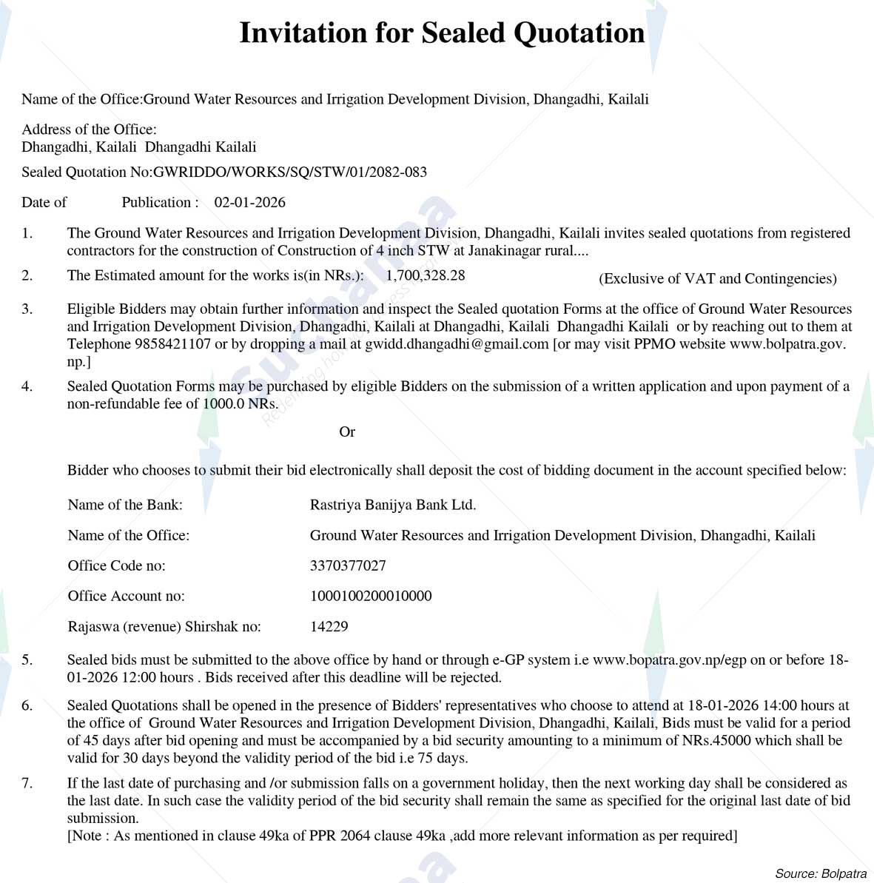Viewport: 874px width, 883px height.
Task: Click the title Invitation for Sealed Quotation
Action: click(442, 33)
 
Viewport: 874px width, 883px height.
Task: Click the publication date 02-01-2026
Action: click(249, 203)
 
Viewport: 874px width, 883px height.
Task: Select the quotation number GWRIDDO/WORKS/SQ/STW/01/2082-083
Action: click(289, 172)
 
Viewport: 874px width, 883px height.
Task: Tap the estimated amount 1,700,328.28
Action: click(426, 275)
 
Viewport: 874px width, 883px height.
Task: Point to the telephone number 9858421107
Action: click(172, 344)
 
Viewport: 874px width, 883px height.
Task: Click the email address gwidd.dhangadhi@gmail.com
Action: click(457, 344)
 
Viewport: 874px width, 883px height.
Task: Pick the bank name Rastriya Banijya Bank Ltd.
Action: click(392, 506)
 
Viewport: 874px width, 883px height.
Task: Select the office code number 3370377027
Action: click(348, 566)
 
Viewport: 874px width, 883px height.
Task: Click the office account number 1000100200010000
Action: click(371, 597)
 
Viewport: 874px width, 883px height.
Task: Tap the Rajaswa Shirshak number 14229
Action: click(329, 627)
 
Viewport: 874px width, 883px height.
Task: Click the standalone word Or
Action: click(347, 432)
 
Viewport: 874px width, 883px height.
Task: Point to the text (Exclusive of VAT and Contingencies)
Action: click(717, 279)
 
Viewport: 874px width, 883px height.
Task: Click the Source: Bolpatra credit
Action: click(820, 874)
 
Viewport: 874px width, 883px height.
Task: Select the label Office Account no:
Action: click(126, 597)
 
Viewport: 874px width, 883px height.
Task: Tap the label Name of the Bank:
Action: click(125, 506)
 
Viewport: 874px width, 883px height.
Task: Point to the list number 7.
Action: click(27, 783)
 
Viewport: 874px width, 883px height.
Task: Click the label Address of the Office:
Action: click(89, 130)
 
